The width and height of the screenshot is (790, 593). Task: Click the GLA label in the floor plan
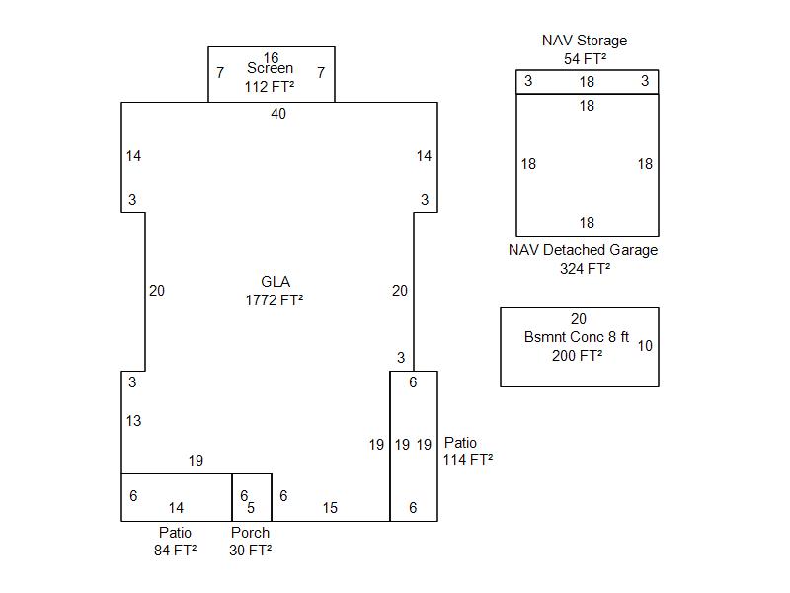click(276, 282)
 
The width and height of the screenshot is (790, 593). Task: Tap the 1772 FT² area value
click(275, 299)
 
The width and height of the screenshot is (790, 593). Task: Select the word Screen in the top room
click(271, 68)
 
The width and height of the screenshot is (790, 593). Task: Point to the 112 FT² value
click(271, 87)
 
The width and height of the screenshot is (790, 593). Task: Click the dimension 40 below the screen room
click(278, 114)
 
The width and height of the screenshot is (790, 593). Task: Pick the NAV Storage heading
click(585, 41)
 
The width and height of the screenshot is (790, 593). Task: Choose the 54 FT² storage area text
click(585, 58)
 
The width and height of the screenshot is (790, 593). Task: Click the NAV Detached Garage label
click(583, 250)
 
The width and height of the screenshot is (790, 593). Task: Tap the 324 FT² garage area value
click(585, 268)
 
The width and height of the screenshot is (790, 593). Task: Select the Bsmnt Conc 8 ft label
click(577, 337)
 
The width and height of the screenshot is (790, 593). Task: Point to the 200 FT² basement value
click(578, 356)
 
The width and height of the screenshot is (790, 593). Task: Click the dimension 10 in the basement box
click(645, 346)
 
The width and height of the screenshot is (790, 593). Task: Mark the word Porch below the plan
click(250, 532)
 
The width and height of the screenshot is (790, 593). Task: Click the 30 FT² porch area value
click(250, 550)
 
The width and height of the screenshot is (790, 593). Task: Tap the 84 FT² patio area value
click(175, 550)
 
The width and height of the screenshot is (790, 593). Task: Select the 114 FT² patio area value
click(467, 459)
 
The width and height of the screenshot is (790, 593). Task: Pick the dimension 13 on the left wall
click(133, 421)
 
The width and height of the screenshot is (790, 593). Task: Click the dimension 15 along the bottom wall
click(330, 508)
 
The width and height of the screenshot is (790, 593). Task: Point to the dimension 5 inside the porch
click(251, 508)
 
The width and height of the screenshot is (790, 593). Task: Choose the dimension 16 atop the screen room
click(272, 57)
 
